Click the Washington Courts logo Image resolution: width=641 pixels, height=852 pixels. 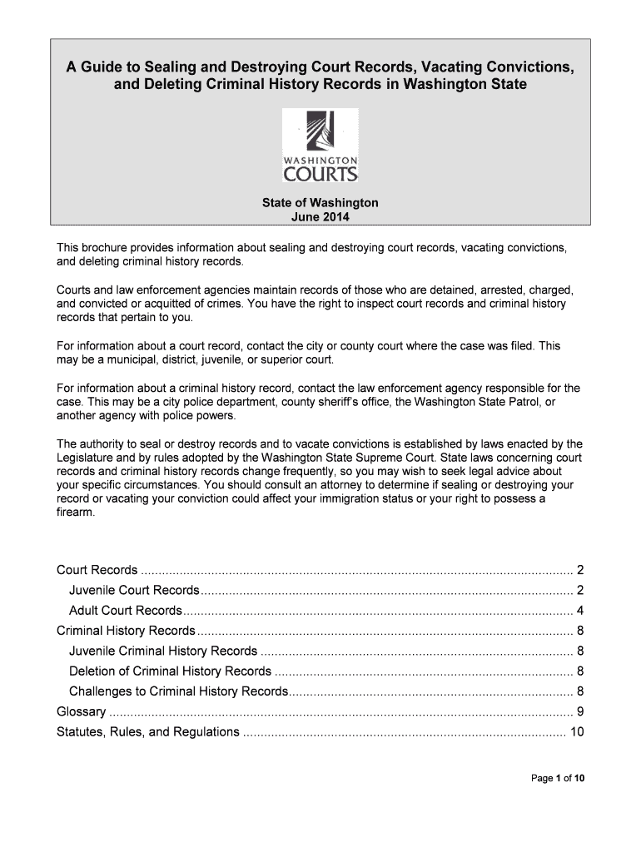tap(320, 146)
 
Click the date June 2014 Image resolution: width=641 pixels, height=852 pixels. tap(320, 217)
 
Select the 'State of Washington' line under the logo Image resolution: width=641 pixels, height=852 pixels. tap(320, 203)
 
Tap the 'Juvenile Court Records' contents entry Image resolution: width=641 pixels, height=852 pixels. tap(135, 590)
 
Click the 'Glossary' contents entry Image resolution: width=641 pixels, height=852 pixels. tap(81, 712)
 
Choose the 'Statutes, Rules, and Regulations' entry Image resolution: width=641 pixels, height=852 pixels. tap(147, 732)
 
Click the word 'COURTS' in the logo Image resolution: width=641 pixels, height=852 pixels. tap(320, 174)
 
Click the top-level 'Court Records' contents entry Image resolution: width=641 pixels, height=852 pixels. tap(97, 570)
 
